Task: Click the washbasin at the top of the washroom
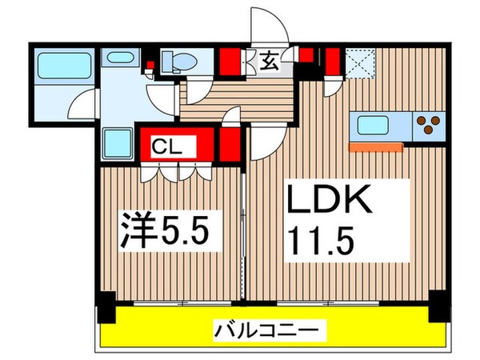pos(122,59)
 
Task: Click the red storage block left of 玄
pos(232,61)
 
